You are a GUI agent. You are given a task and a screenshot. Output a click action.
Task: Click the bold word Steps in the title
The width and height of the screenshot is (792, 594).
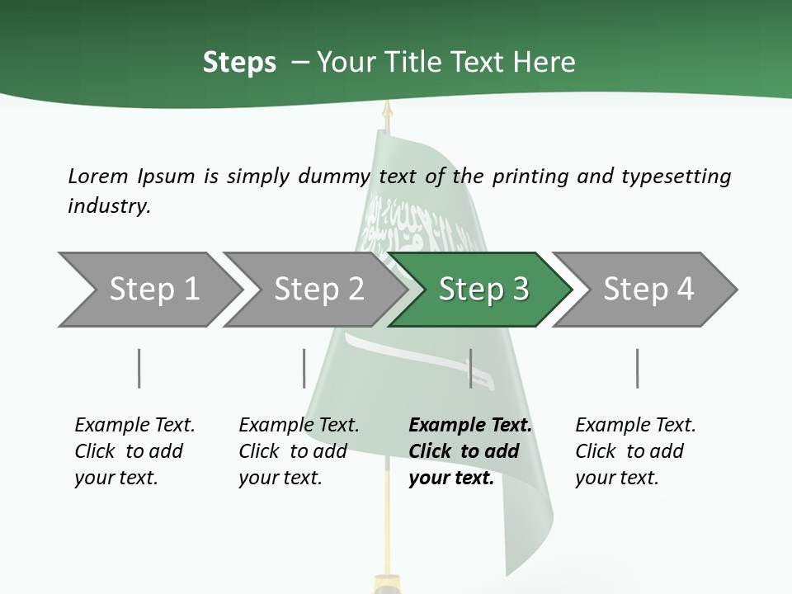click(239, 63)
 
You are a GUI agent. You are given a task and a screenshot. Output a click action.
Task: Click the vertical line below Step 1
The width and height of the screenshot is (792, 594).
click(139, 368)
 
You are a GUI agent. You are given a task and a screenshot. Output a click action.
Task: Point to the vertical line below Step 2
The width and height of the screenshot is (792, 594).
click(304, 368)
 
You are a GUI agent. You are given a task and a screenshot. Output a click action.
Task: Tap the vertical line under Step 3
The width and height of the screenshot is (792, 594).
click(470, 368)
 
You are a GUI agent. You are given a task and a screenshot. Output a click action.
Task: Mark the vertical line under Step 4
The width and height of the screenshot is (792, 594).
click(638, 368)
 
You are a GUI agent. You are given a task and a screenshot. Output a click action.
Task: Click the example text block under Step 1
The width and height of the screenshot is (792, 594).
click(134, 451)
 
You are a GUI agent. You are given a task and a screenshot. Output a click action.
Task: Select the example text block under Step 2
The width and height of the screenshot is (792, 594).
click(299, 451)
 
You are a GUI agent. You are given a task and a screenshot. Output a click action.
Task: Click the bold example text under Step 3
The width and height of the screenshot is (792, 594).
click(470, 451)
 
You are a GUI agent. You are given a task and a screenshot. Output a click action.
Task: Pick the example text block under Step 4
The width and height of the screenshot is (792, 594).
click(635, 451)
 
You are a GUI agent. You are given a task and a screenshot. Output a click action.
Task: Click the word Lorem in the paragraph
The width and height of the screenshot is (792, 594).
click(98, 177)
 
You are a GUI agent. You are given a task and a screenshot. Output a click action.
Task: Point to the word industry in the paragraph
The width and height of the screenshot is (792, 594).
click(109, 206)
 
